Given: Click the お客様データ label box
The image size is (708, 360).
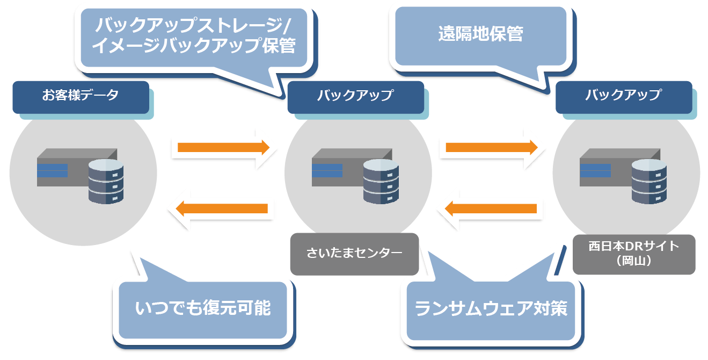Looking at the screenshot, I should click(81, 97).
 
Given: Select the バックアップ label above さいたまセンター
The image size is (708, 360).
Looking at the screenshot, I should click(355, 97).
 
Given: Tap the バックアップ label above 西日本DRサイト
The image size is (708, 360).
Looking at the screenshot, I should click(623, 97).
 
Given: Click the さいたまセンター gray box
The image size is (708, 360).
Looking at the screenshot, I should click(354, 254).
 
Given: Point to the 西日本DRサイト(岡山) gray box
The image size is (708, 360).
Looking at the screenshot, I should click(633, 254).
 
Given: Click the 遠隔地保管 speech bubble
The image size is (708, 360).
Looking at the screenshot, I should click(480, 35).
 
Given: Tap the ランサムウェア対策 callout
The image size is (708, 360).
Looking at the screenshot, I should click(491, 309).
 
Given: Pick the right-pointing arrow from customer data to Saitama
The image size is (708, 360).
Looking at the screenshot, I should click(223, 147).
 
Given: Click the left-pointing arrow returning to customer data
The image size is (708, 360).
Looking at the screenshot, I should click(223, 208).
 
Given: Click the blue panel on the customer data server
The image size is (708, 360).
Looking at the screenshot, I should click(52, 170).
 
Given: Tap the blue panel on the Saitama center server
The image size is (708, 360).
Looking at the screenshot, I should click(327, 170).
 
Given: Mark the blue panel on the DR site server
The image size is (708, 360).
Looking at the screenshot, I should click(595, 170).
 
